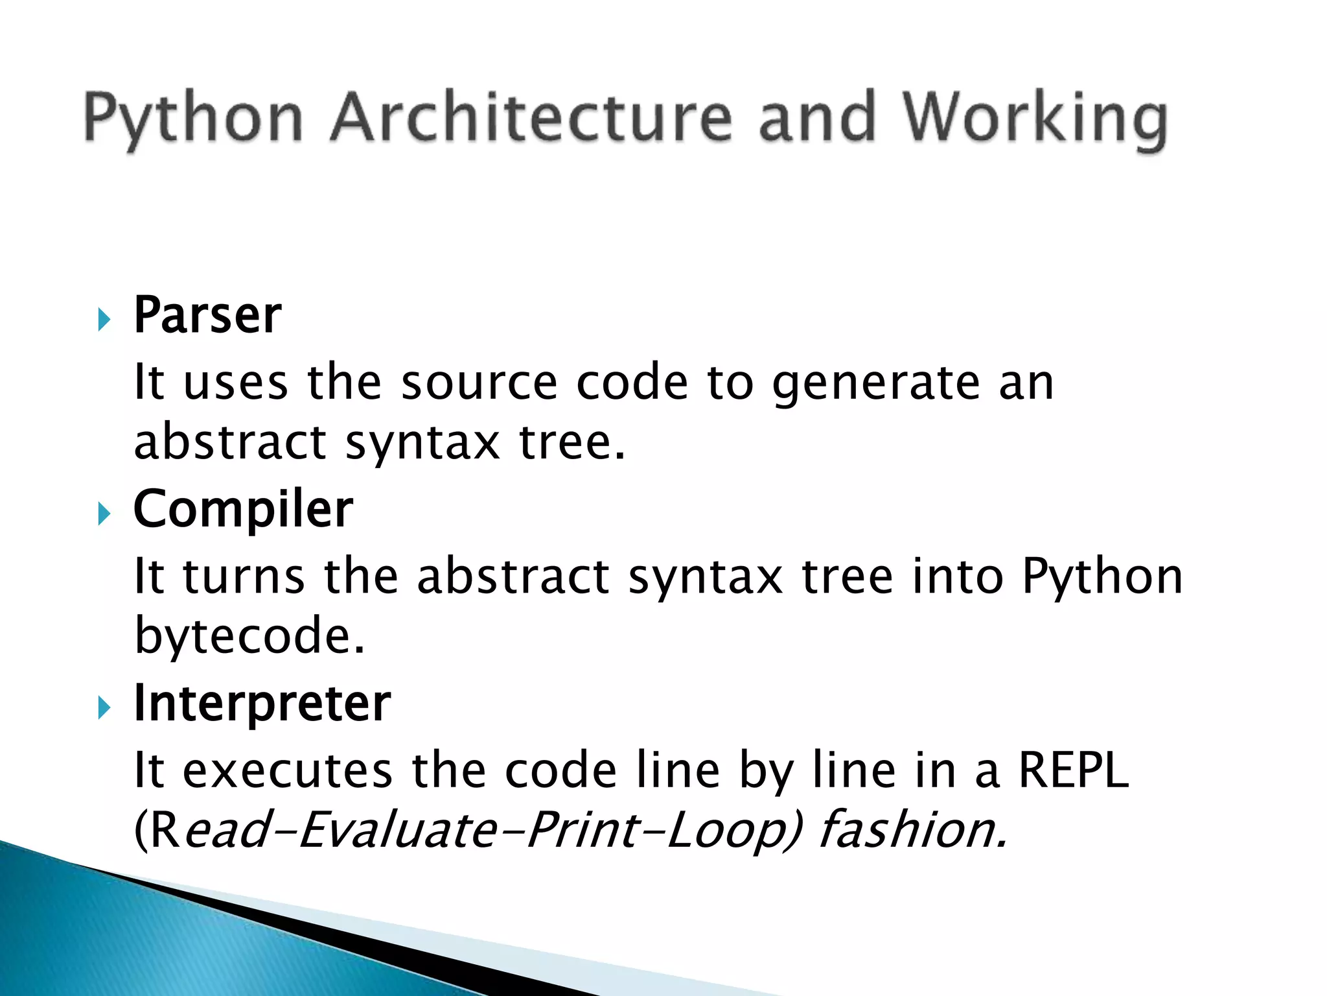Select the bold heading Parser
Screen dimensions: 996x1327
[x=207, y=316]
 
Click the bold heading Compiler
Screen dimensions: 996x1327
[x=243, y=510]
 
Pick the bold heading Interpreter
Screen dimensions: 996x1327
[x=262, y=704]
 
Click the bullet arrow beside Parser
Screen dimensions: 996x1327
[x=104, y=320]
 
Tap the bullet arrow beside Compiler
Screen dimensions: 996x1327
[x=104, y=514]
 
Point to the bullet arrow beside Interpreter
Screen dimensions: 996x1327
[x=104, y=707]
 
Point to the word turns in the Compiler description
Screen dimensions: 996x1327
[x=244, y=576]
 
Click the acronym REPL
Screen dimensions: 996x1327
[x=1074, y=770]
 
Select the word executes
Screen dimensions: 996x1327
[x=288, y=771]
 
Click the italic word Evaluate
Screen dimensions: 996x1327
[x=398, y=831]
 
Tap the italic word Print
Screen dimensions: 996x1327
[x=583, y=831]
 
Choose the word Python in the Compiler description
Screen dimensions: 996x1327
[x=1102, y=577]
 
